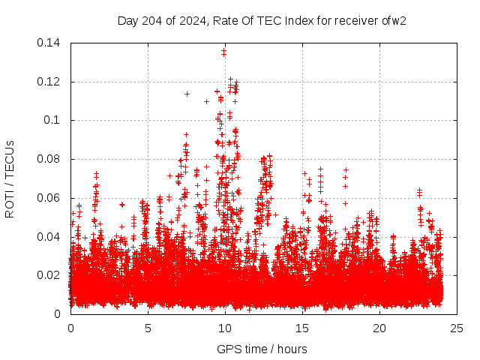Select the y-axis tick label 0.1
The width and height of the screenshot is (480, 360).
pyautogui.click(x=54, y=120)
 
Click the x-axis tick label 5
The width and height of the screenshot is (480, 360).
pyautogui.click(x=148, y=328)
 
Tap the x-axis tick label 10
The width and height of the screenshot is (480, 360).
pyautogui.click(x=225, y=328)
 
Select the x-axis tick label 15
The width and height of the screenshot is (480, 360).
pyautogui.click(x=302, y=328)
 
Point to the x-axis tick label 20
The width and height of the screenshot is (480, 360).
pyautogui.click(x=379, y=328)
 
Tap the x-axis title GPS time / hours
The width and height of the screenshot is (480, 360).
pyautogui.click(x=262, y=349)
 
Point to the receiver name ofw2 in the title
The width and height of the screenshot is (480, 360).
pyautogui.click(x=394, y=20)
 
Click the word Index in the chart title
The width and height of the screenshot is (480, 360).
pyautogui.click(x=299, y=20)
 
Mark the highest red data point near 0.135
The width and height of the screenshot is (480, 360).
pyautogui.click(x=224, y=52)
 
